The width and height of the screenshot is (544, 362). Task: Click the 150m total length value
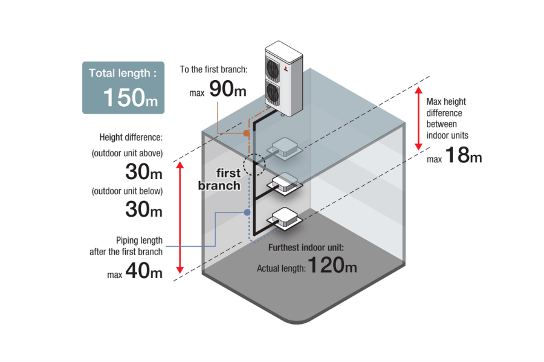click(x=123, y=97)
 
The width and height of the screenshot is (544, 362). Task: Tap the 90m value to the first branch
click(x=228, y=89)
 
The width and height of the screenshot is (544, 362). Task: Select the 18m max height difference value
click(x=464, y=156)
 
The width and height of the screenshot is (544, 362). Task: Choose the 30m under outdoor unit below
click(x=144, y=210)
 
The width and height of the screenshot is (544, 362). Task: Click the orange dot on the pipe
click(x=245, y=133)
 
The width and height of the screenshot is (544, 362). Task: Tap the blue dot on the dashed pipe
click(x=247, y=212)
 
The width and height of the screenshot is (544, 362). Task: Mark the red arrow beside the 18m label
click(x=418, y=118)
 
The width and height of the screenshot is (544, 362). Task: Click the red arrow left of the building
click(x=179, y=217)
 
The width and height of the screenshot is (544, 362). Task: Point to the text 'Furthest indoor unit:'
click(x=307, y=248)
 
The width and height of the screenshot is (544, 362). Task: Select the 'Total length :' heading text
click(x=123, y=73)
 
